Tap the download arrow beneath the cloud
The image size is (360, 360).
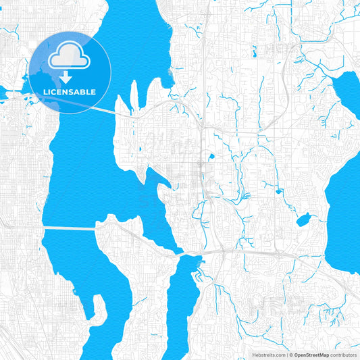point(66,76)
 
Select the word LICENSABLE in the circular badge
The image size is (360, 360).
point(70,91)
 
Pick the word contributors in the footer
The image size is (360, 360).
point(343,354)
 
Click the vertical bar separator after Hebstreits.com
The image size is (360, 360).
point(286,354)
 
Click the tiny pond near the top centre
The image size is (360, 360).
point(255,51)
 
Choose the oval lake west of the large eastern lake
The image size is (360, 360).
point(303,220)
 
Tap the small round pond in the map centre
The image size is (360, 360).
point(211,157)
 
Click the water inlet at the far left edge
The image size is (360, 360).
point(7,92)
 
